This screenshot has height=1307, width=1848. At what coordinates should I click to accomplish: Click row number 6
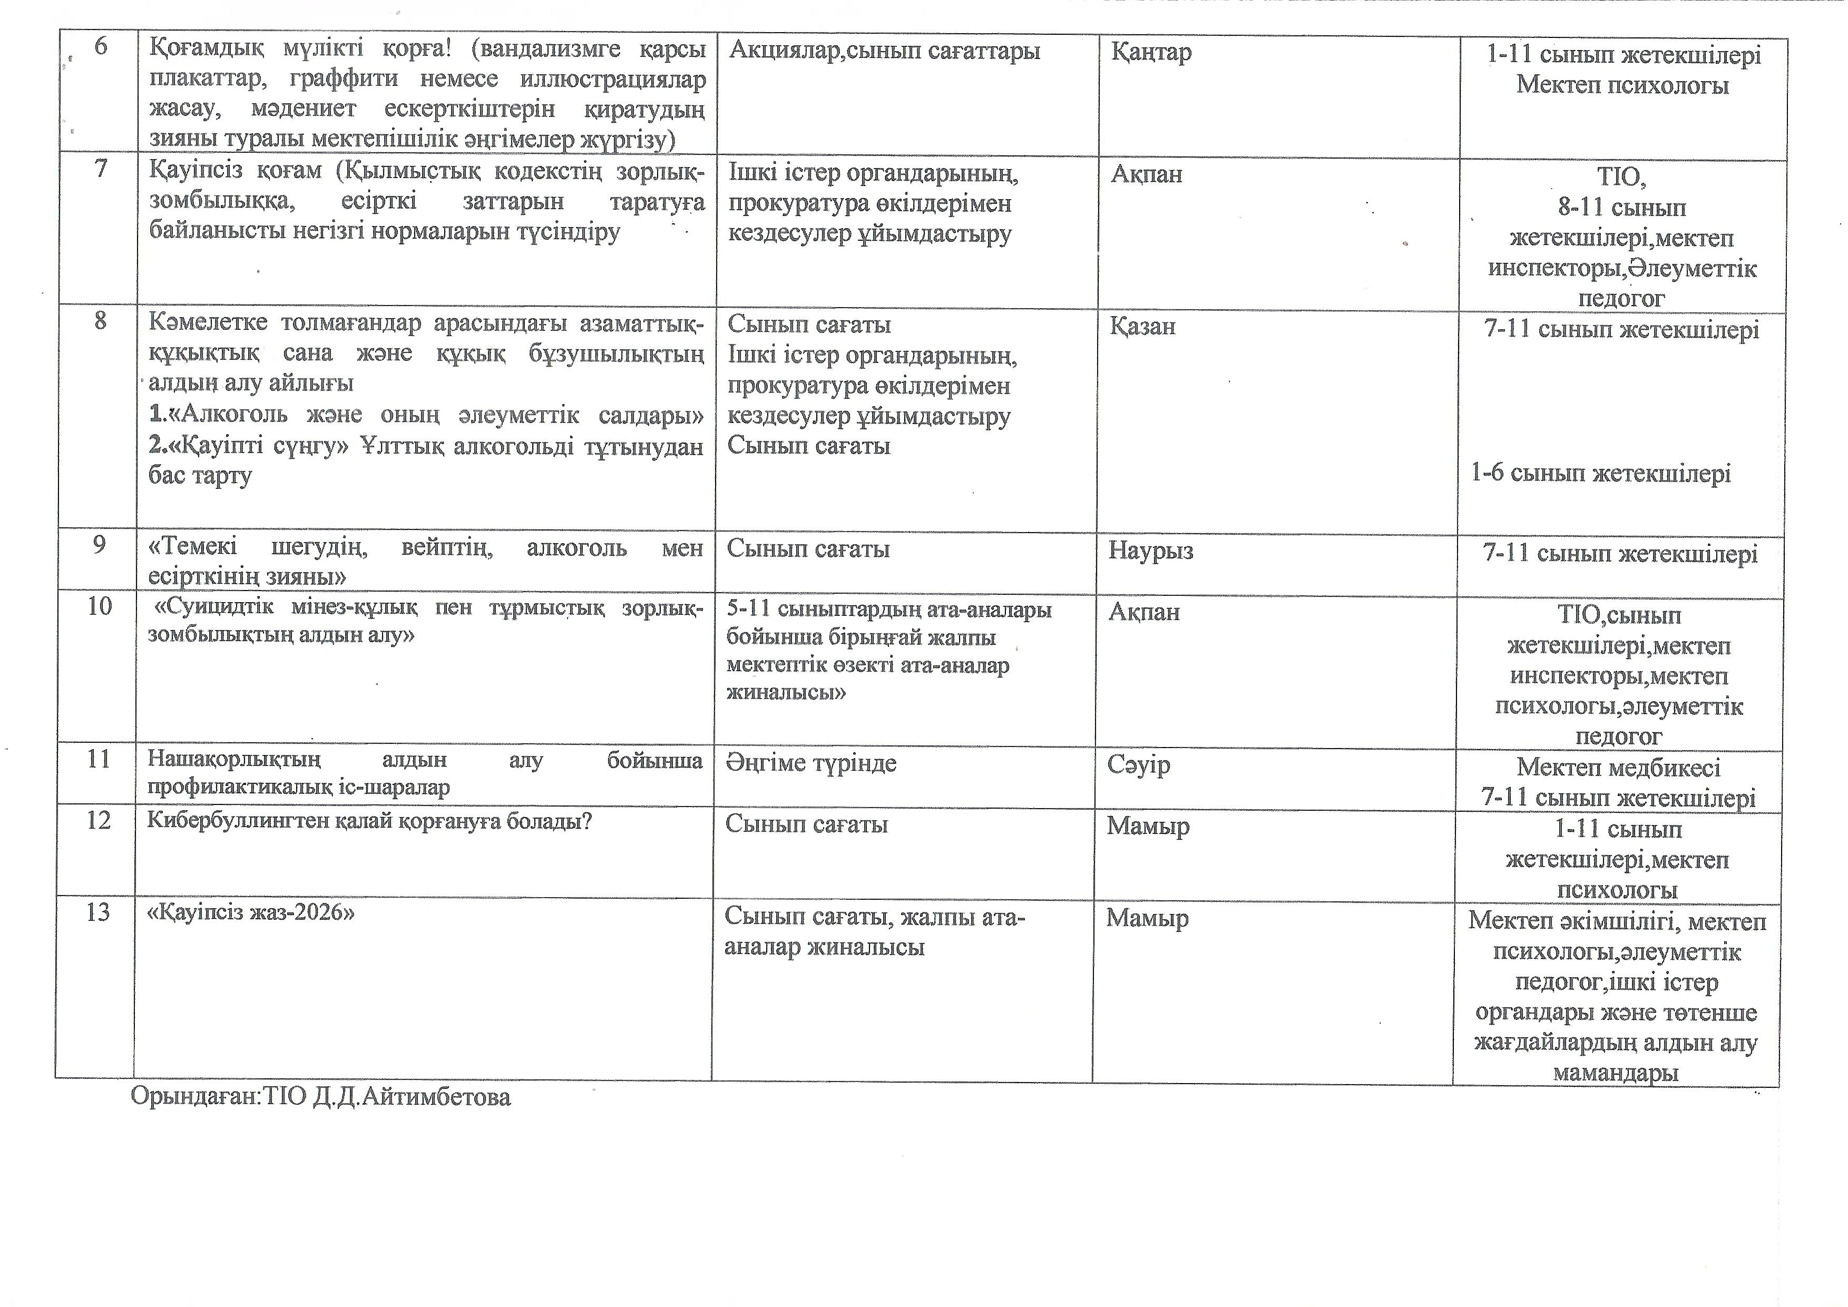101,47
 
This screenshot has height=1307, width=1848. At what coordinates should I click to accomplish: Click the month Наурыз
1150,551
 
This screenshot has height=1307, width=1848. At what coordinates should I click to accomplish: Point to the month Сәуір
1138,764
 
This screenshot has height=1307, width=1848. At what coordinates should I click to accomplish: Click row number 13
97,912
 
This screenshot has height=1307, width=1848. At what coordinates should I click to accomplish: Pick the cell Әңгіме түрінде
810,763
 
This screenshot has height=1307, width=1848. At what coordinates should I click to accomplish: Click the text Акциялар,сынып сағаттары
884,52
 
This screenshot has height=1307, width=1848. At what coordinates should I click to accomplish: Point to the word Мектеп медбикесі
1618,767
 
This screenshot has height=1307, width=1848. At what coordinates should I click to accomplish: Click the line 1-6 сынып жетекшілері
1600,473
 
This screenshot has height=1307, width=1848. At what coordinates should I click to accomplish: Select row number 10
99,607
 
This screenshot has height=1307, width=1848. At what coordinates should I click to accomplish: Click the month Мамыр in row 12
1147,827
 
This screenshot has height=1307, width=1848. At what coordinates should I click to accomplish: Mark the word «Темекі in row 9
193,548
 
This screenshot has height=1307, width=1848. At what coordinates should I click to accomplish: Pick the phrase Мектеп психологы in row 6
1622,85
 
